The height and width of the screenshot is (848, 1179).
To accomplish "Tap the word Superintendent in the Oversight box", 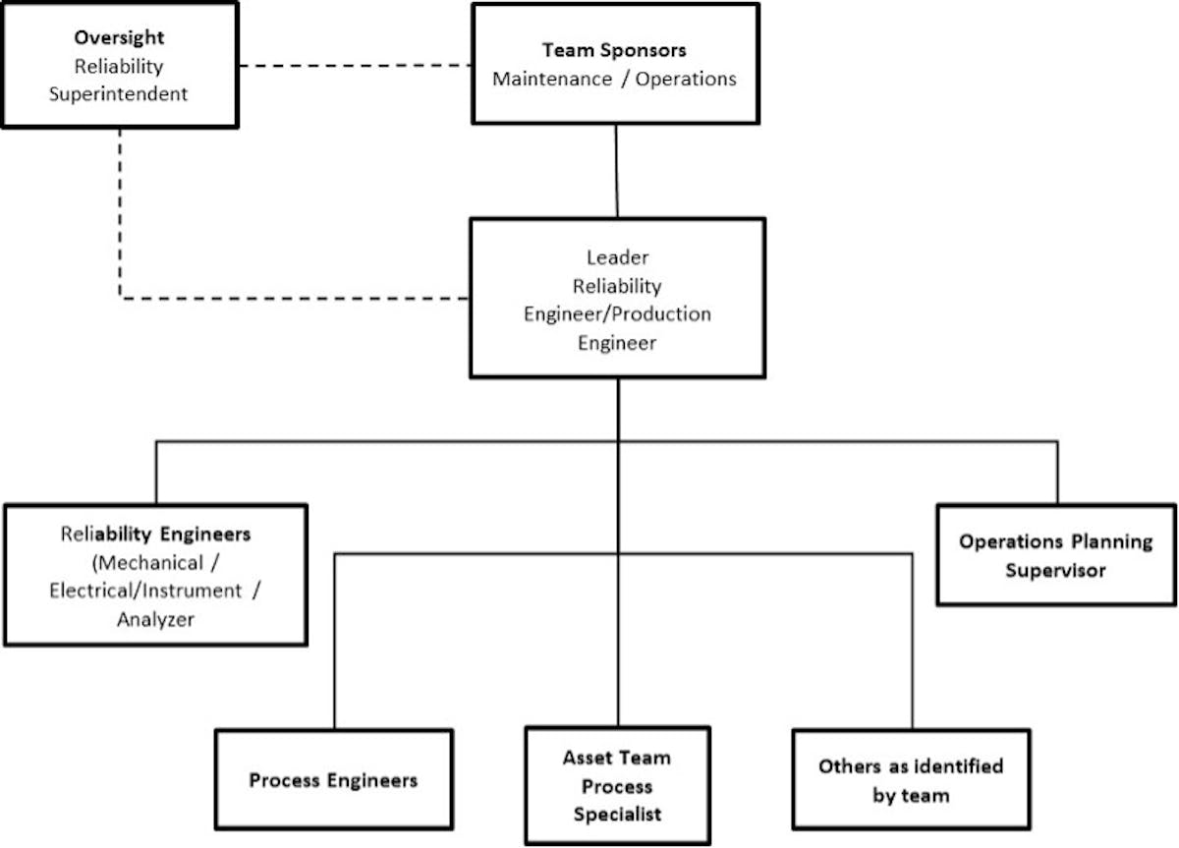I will pos(119,94).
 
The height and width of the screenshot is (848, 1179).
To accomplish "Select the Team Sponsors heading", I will pos(614,50).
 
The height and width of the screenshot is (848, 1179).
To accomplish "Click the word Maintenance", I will pos(551,79).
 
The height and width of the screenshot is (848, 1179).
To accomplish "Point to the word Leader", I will pos(617,257).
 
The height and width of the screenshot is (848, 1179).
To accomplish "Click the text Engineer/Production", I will pos(617,314).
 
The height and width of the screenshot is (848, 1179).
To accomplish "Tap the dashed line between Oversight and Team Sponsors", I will pos(355,66).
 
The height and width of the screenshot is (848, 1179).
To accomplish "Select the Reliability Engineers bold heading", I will pos(155,535).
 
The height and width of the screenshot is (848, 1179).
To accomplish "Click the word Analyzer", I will pos(155,619).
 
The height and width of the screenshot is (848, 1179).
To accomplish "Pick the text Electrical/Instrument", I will pos(147,591).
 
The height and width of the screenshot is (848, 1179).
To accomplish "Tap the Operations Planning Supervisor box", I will pos(1056,555).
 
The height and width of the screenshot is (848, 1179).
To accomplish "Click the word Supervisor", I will pos(1055,570).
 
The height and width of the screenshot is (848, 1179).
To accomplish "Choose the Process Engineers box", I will pos(333,780).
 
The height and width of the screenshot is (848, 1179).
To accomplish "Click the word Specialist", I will pos(617,815).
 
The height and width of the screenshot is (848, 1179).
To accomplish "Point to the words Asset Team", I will pos(617,759).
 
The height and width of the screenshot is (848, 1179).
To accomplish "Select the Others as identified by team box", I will pos(911,779).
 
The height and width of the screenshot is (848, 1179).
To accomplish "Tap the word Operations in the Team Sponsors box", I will pos(686,79).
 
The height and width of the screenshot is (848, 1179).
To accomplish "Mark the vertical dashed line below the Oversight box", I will pos(120,211).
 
